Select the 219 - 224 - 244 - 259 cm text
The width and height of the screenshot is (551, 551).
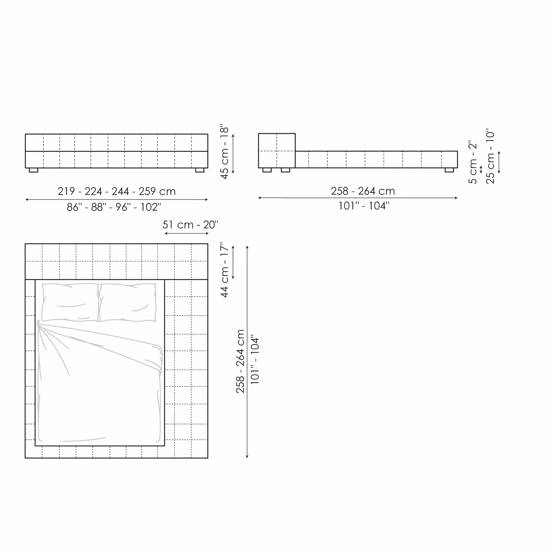(x=117, y=191)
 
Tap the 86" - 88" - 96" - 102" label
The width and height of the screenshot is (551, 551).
(x=114, y=207)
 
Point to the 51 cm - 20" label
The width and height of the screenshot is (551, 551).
(x=190, y=224)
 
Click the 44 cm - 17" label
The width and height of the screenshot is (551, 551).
(x=225, y=270)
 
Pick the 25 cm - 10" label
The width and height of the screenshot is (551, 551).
(x=490, y=156)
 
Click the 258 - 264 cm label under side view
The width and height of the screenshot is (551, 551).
(x=363, y=191)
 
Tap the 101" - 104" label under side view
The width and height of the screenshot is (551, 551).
(x=364, y=206)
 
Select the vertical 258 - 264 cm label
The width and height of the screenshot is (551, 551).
(x=240, y=361)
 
